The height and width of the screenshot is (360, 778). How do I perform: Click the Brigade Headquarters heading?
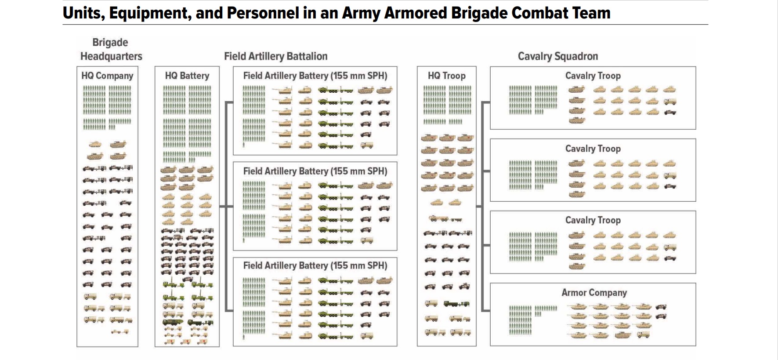tap(111, 49)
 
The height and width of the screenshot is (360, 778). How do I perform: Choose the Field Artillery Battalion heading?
tap(276, 56)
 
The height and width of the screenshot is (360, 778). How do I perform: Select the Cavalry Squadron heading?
tap(558, 56)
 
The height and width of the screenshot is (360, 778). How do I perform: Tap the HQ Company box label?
tap(107, 76)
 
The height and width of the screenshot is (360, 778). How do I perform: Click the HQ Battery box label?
tap(187, 76)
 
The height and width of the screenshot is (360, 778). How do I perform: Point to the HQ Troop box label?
tap(447, 76)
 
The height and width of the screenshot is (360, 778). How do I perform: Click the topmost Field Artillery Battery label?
tap(315, 76)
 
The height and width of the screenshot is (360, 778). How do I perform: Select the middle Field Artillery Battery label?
tap(315, 171)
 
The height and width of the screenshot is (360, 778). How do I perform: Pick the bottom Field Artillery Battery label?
tap(315, 265)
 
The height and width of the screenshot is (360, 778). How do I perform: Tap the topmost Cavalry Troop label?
tap(593, 76)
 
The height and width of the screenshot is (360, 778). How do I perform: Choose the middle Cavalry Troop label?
tap(593, 149)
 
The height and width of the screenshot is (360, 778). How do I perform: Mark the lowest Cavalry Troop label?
tap(593, 220)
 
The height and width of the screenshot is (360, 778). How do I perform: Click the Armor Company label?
tap(594, 293)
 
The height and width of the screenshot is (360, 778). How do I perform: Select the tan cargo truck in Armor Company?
tap(644, 335)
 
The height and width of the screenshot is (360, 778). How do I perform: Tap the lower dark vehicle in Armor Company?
tap(661, 316)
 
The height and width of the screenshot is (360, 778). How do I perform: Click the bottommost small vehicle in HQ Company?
tap(120, 332)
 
